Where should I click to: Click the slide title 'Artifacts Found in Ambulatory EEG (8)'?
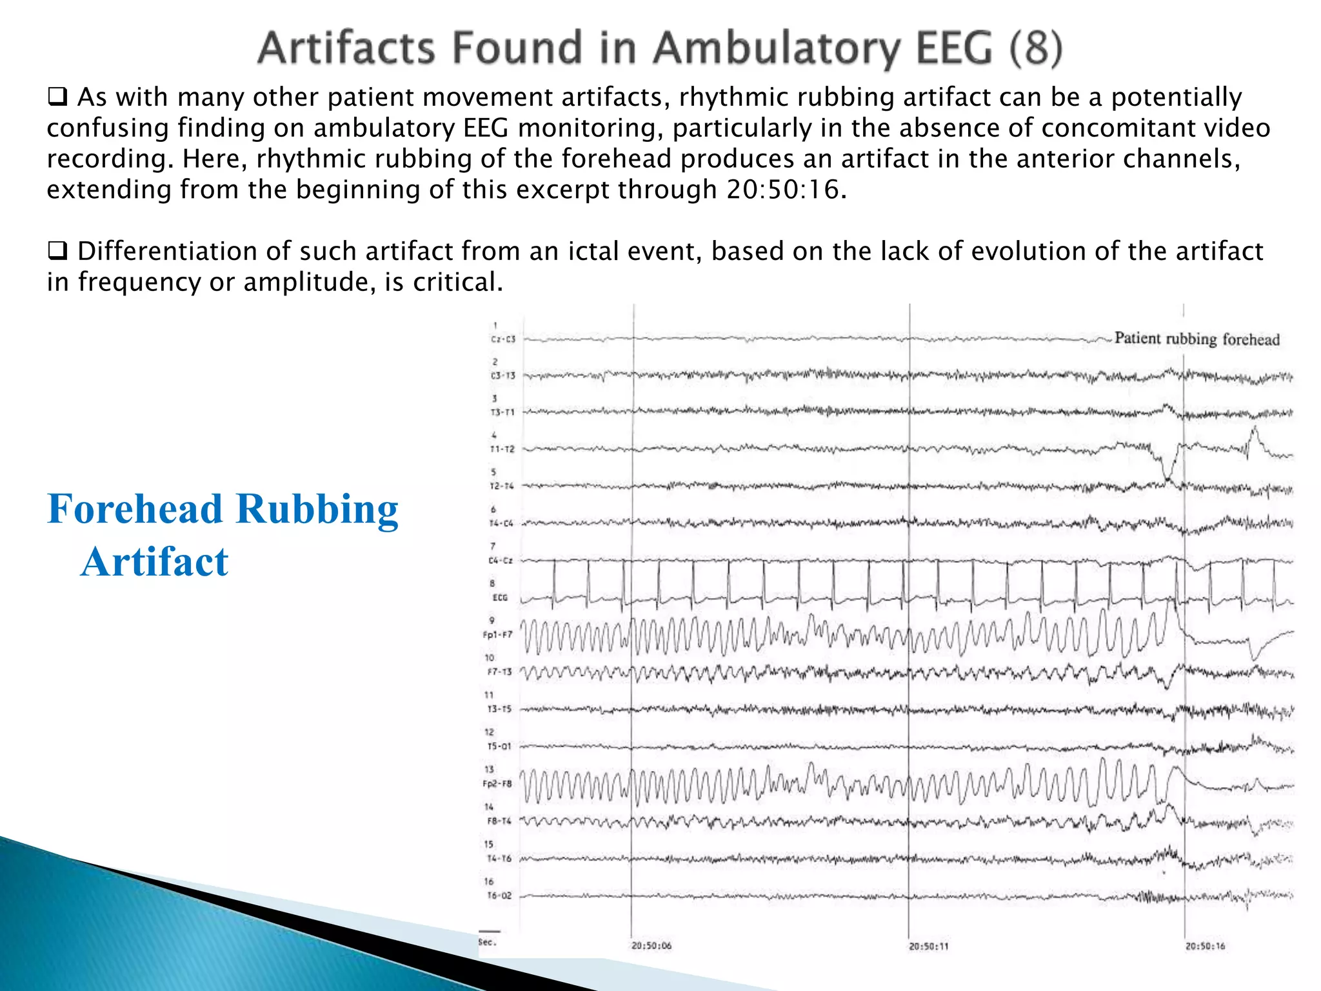tap(659, 48)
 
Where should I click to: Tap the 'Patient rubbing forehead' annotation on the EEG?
tap(1197, 339)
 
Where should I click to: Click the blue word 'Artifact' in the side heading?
tap(155, 561)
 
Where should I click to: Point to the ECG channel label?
tap(500, 598)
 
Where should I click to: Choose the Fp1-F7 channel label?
tap(497, 635)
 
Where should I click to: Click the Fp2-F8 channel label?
tap(497, 784)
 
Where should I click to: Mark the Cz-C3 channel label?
tap(502, 339)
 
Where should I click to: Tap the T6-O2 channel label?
tap(499, 896)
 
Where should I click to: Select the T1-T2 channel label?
tap(502, 449)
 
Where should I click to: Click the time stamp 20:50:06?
tap(651, 946)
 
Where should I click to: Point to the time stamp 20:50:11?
tap(929, 946)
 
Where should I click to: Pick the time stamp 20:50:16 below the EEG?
tap(1205, 946)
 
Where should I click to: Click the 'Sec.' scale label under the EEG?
tap(487, 943)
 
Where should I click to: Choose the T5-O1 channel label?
tap(499, 746)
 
